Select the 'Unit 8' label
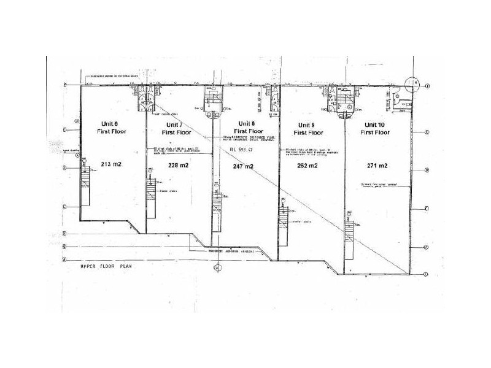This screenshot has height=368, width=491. (247, 123)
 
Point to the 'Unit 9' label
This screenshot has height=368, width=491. (308, 123)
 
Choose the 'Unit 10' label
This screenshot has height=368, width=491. (376, 123)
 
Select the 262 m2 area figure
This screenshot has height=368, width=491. (307, 166)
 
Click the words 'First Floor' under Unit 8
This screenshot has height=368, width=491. (247, 131)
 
